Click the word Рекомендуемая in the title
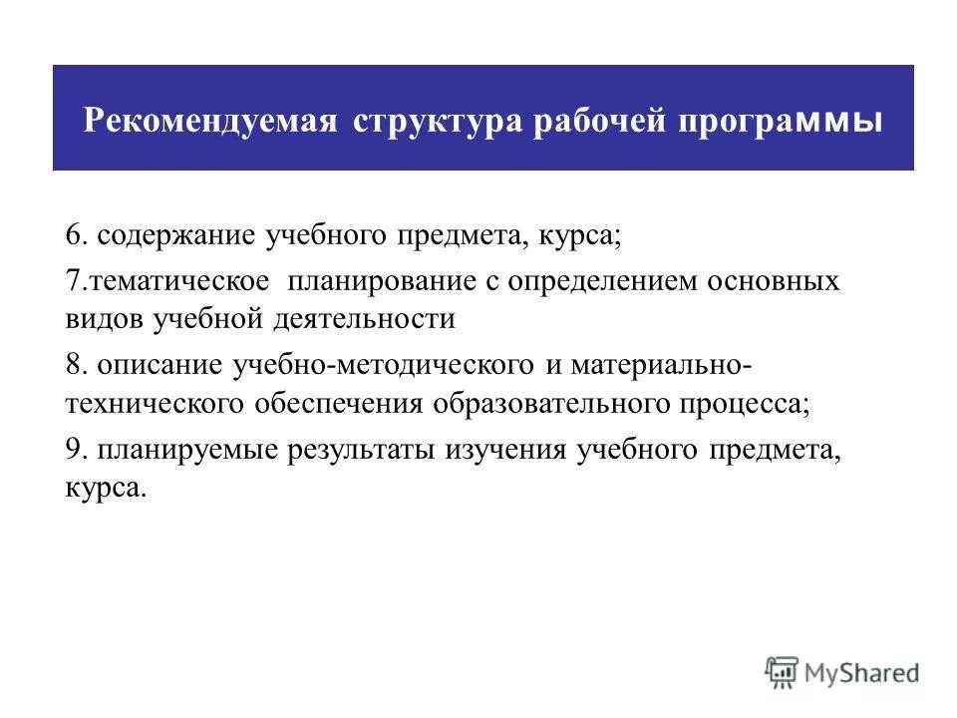coord(208,122)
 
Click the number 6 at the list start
coord(73,238)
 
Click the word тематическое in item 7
coord(180,281)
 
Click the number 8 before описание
coord(73,364)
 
